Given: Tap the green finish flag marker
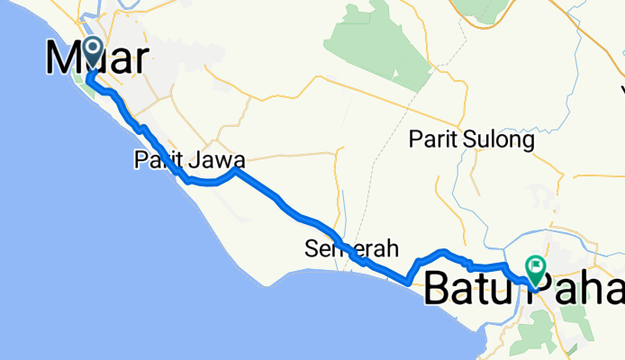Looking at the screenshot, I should [536, 267].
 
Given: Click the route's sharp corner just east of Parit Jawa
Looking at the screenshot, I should [237, 169].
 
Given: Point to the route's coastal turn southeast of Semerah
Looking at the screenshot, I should [410, 281].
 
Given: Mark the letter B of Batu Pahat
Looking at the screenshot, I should [439, 289].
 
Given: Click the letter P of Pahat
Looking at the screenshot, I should [557, 289].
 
